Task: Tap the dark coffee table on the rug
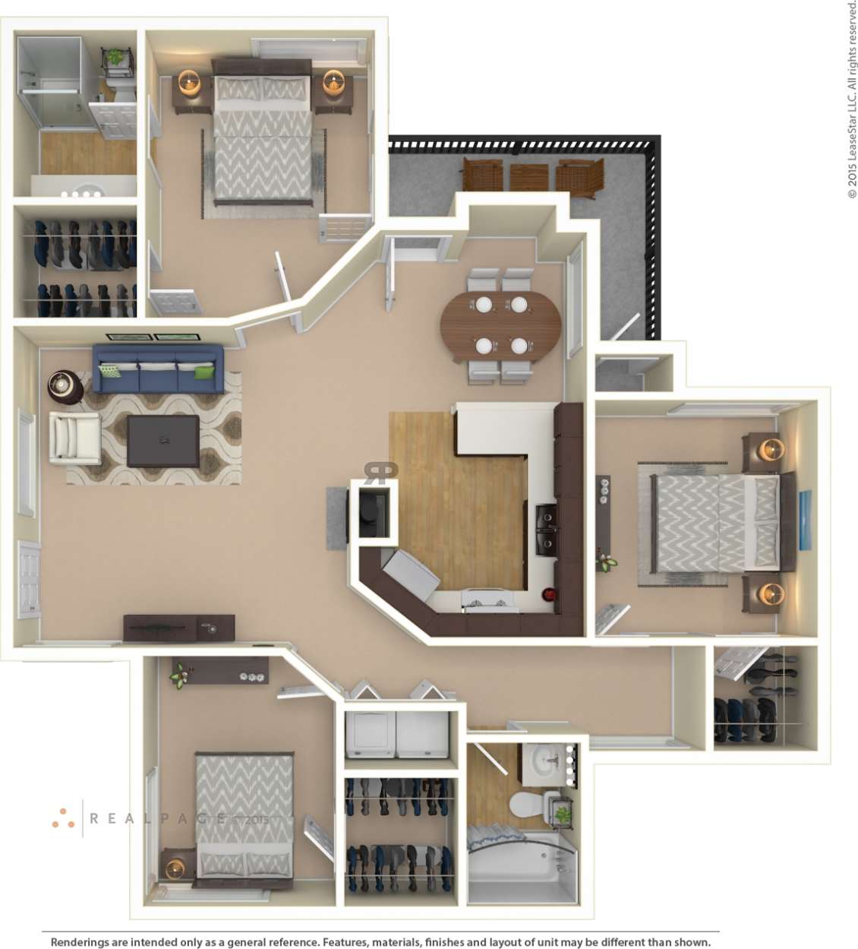[163, 441]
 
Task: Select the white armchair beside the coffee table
[75, 437]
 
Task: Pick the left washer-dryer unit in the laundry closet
[369, 734]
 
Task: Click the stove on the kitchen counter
[487, 600]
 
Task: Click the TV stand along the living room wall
[178, 628]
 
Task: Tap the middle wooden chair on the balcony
[528, 177]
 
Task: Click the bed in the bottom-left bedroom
[244, 816]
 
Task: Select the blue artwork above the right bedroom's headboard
[805, 520]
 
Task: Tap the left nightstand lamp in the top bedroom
[190, 82]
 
